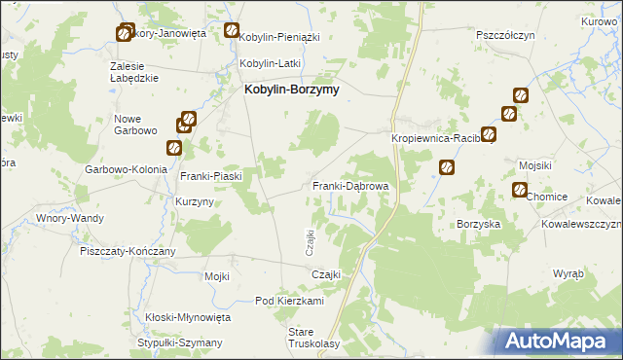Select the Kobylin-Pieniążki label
pyautogui.click(x=279, y=36)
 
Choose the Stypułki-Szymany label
pyautogui.click(x=180, y=342)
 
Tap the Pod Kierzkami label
pyautogui.click(x=289, y=302)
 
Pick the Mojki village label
pyautogui.click(x=216, y=276)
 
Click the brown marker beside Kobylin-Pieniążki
pyautogui.click(x=232, y=30)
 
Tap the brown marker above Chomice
pyautogui.click(x=519, y=190)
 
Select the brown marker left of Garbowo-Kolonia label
pyautogui.click(x=173, y=148)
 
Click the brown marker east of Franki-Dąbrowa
pyautogui.click(x=447, y=167)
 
